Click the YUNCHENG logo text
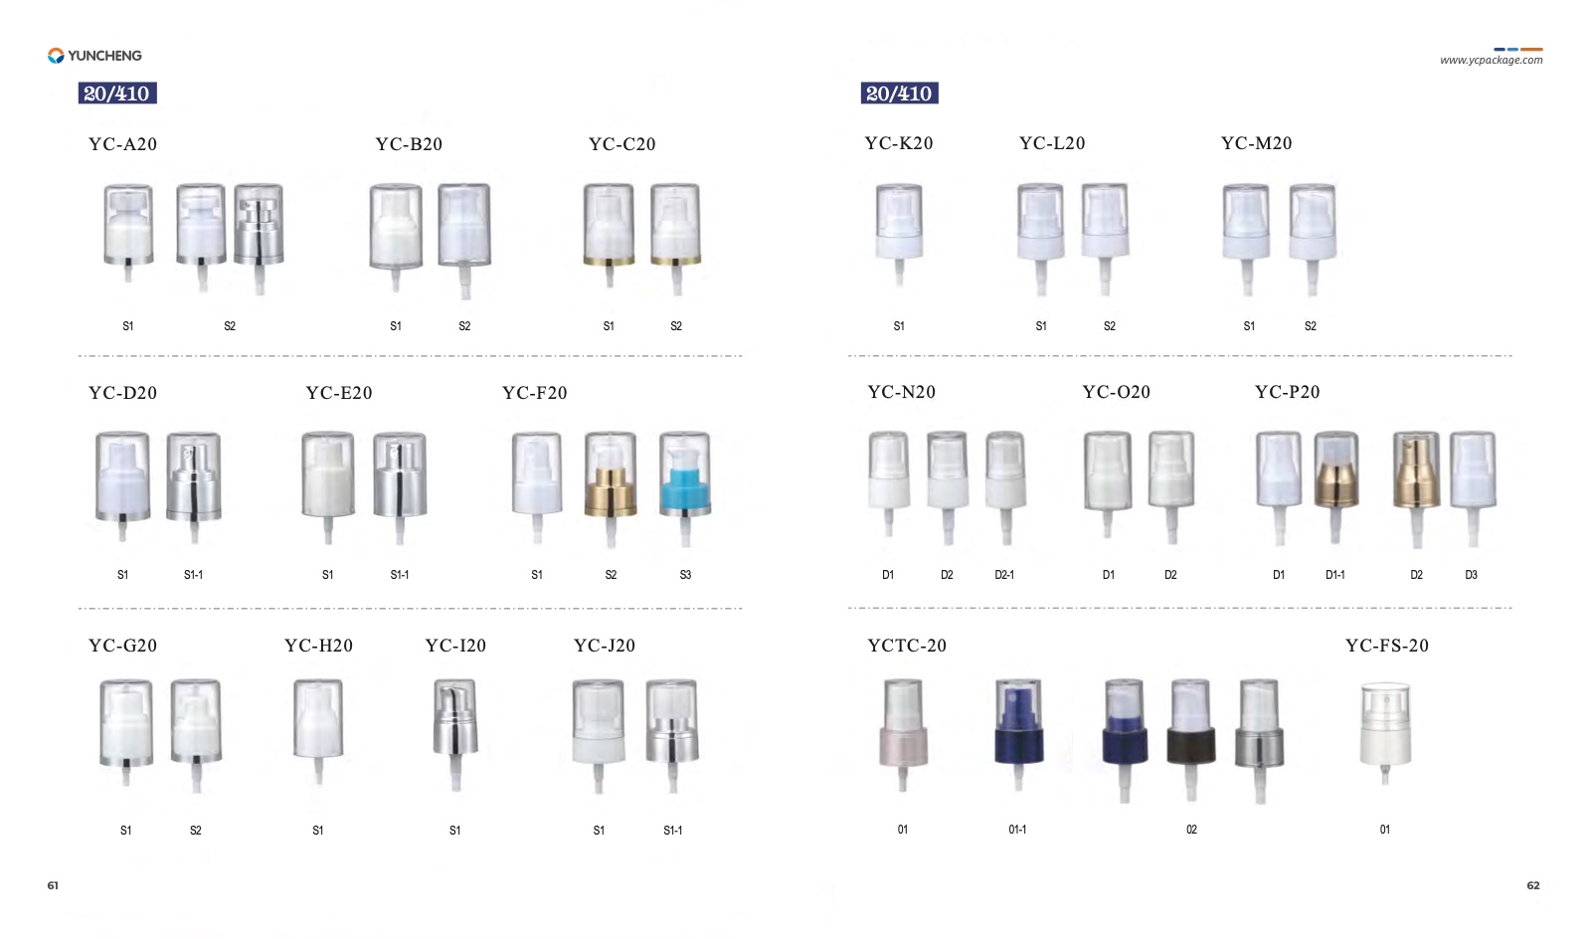pos(104,56)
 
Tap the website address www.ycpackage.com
pos(1491,61)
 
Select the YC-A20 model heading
pos(123,144)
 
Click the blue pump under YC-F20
pos(685,488)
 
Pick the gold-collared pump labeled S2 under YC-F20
pos(611,488)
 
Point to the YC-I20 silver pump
pos(455,735)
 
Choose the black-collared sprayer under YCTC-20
pos(1191,739)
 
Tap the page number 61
pos(53,885)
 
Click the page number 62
pos(1533,885)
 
